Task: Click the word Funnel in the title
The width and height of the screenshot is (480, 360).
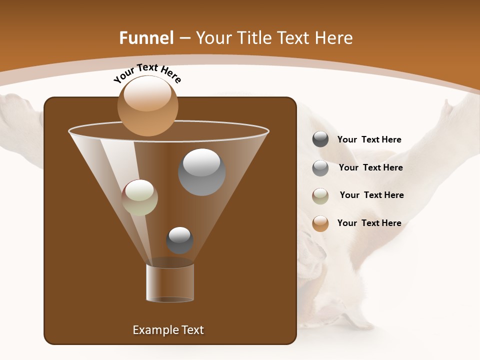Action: [146, 38]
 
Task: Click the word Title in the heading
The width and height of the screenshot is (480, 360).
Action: [253, 38]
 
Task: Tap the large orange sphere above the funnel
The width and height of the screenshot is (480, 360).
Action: [147, 105]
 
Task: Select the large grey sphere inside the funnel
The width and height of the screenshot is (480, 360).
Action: [201, 172]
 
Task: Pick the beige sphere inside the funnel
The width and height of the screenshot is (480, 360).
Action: [139, 197]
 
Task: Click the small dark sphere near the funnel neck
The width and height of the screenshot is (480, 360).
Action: [179, 240]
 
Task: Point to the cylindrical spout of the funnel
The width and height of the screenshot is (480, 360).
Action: [170, 282]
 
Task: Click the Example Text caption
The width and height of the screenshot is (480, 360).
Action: [168, 330]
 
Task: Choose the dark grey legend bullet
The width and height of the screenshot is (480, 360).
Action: [320, 139]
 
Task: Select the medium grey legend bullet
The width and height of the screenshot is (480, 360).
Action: [320, 168]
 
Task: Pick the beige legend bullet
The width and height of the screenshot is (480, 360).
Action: [320, 195]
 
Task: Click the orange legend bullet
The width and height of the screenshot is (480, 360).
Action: [320, 223]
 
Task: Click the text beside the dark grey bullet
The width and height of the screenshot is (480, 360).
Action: [369, 139]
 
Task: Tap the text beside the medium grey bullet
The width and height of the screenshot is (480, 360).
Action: [370, 167]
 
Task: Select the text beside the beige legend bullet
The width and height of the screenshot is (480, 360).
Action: [371, 195]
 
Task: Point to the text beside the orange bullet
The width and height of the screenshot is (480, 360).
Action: [369, 223]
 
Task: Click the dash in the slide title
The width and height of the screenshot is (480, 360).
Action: [184, 38]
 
